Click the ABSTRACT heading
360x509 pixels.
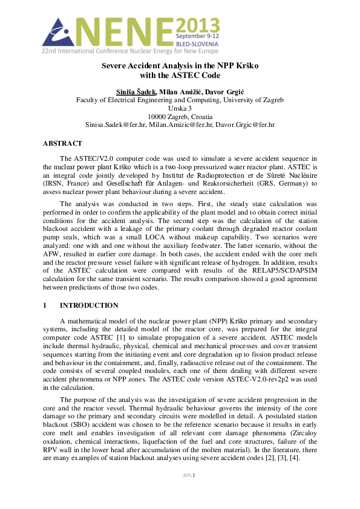click(62, 143)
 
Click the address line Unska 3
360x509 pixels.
click(180, 108)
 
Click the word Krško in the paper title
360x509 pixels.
click(243, 65)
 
